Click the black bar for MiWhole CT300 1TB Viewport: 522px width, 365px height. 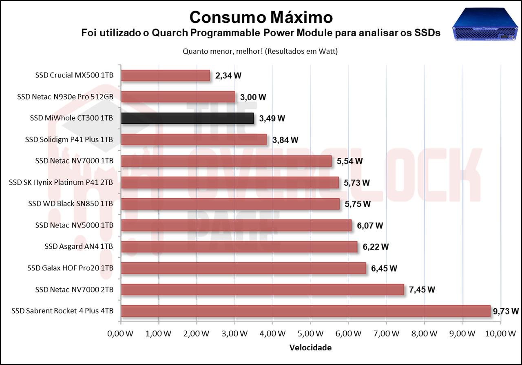coord(188,118)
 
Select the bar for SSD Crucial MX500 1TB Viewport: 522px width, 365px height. coord(166,75)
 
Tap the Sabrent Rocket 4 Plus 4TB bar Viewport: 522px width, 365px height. coord(306,311)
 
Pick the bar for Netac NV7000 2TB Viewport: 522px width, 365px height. coord(263,290)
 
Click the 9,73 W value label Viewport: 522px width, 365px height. coord(506,311)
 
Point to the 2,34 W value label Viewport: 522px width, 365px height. coord(228,75)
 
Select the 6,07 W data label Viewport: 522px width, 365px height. coord(370,226)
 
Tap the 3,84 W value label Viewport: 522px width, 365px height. coord(285,140)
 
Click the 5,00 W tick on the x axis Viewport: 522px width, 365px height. coord(311,333)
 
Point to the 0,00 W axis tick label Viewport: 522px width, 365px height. coord(121,333)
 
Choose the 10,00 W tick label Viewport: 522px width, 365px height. coord(500,333)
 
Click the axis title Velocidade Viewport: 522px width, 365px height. coord(310,348)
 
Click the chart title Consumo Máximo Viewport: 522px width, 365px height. coord(261,17)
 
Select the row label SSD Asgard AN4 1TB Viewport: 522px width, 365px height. coord(79,247)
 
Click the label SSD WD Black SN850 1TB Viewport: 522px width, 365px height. coord(71,204)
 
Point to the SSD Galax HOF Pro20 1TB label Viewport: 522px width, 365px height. coord(70,268)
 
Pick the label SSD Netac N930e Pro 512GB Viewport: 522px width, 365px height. coord(65,97)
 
